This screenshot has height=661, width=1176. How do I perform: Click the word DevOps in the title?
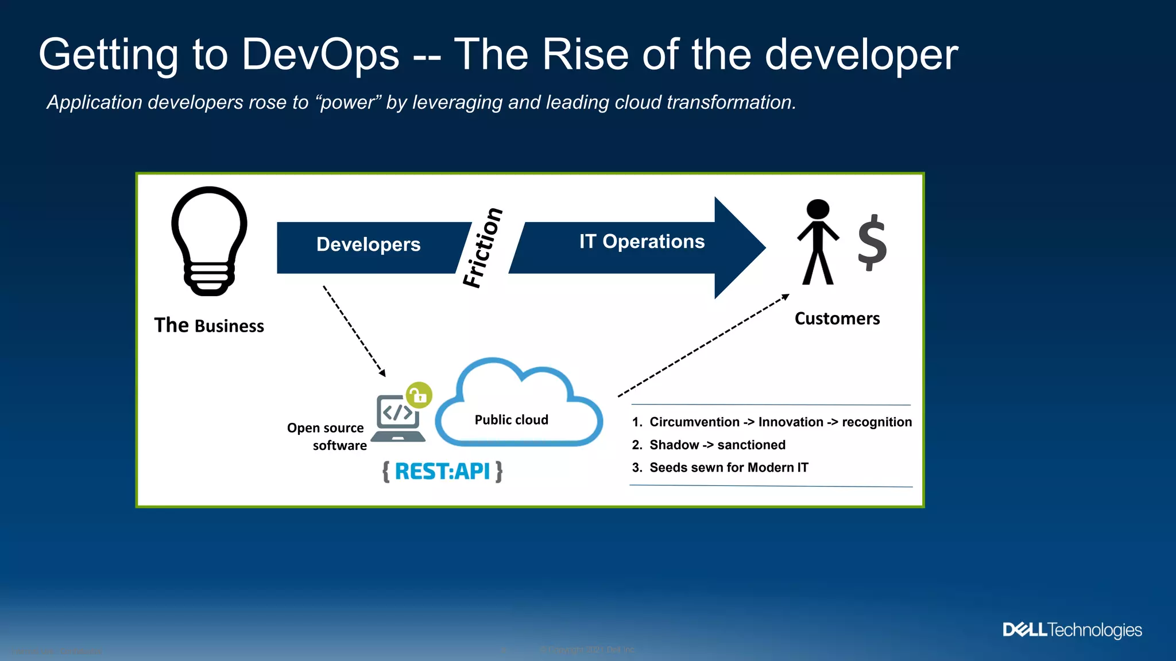pos(320,55)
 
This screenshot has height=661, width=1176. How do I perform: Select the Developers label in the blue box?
pos(368,244)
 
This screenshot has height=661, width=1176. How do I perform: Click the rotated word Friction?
pos(483,247)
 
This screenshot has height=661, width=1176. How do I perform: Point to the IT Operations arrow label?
pos(641,242)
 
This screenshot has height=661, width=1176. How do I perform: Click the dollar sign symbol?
pos(872,242)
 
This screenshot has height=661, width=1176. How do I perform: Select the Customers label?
pos(837,318)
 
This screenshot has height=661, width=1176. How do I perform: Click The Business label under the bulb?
pos(209,325)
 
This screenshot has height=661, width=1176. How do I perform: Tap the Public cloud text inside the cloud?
pos(511,420)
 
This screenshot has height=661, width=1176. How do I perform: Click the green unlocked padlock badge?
pos(419,395)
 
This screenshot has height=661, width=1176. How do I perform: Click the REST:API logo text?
pos(442,472)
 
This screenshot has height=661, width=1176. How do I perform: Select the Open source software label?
pos(327,437)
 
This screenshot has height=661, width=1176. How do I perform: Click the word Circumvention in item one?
pos(694,422)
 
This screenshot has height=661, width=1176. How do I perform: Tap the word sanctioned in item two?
pos(751,445)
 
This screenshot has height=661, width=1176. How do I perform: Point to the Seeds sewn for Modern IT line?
pos(728,468)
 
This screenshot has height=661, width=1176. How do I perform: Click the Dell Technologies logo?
pos(1072,630)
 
